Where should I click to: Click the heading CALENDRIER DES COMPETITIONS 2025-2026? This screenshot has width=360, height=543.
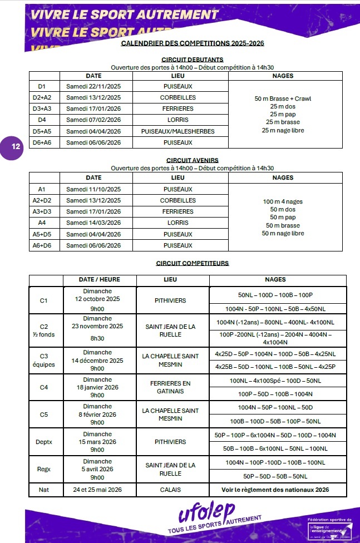tap(192, 43)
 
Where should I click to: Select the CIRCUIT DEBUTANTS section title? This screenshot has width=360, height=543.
tap(192, 60)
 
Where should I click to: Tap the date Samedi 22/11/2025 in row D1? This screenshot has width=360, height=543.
tap(93, 87)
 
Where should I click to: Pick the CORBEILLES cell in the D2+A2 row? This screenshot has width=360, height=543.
tap(178, 97)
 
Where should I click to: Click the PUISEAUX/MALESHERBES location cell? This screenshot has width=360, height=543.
tap(178, 131)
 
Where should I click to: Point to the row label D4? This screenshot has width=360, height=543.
tap(42, 120)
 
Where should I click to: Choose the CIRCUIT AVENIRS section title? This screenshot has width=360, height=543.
tap(192, 160)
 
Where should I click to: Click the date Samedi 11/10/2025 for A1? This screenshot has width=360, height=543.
tap(93, 189)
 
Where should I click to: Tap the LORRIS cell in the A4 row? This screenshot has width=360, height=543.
tap(178, 223)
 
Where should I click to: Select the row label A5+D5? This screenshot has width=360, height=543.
tap(42, 234)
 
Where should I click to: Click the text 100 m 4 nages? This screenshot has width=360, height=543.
tap(283, 201)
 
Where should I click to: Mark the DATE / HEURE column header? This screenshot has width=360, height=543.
tap(100, 280)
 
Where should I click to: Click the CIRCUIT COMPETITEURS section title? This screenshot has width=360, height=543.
tap(192, 263)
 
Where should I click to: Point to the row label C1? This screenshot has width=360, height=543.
tap(44, 300)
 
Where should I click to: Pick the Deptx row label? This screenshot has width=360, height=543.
tap(44, 442)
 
